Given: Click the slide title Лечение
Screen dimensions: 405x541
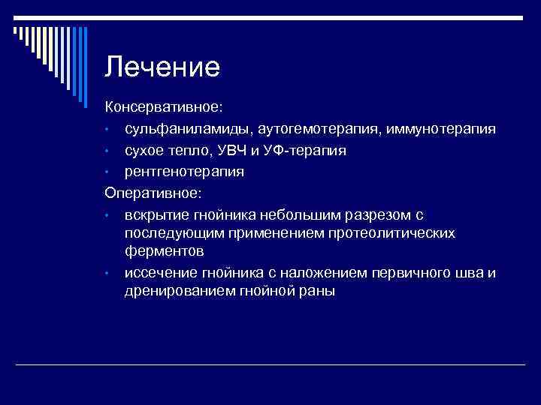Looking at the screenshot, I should point(162,67).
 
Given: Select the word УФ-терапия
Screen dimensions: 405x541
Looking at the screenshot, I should point(310,150).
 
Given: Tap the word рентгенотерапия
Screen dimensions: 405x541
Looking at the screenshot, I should point(184,172).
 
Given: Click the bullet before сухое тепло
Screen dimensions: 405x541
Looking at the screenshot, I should point(108,151).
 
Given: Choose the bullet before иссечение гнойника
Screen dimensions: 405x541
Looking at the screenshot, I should point(108,273).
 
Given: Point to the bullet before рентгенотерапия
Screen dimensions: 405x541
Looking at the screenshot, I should point(108,172).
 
